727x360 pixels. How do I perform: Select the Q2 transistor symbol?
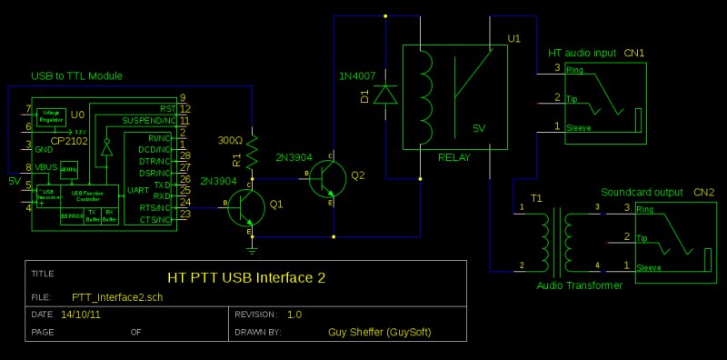[328, 179]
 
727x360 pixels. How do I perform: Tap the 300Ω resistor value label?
[231, 141]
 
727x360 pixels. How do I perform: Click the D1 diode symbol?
[387, 94]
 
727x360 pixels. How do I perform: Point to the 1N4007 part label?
[356, 74]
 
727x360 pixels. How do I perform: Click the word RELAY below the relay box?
[454, 157]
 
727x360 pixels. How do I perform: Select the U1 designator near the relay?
[514, 38]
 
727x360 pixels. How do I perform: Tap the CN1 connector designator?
[634, 54]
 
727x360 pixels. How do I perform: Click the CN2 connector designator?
[703, 193]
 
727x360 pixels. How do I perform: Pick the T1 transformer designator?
[536, 197]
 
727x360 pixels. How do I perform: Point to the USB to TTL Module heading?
[77, 75]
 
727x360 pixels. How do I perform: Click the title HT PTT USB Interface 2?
[246, 277]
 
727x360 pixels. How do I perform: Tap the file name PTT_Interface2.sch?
[117, 296]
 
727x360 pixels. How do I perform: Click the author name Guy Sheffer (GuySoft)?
[379, 332]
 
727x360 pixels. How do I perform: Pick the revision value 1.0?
[294, 315]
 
